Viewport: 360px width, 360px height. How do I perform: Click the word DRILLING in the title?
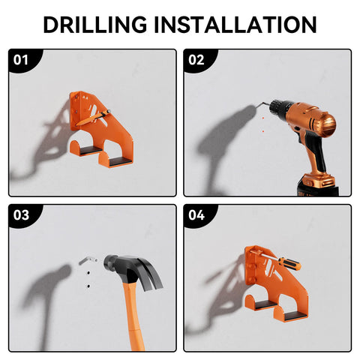click(95, 25)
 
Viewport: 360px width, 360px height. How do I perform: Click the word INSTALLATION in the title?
click(235, 25)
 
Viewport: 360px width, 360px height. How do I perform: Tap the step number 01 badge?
click(21, 60)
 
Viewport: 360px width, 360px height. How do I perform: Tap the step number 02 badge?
click(196, 60)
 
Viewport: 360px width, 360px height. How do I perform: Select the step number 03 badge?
click(21, 215)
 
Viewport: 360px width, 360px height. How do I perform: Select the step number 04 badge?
click(196, 215)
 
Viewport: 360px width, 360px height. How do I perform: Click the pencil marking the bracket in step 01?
click(93, 118)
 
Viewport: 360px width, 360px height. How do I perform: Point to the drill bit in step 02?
click(262, 105)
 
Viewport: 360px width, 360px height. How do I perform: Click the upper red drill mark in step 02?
click(263, 118)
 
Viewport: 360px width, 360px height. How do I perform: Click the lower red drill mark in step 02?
click(263, 130)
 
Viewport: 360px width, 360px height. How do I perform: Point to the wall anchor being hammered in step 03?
click(88, 260)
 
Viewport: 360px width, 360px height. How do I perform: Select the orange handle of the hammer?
click(133, 316)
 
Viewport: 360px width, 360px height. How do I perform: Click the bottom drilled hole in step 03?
click(88, 286)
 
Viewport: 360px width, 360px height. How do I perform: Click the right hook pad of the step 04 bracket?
click(295, 316)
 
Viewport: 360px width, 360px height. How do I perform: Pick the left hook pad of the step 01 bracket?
click(91, 150)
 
